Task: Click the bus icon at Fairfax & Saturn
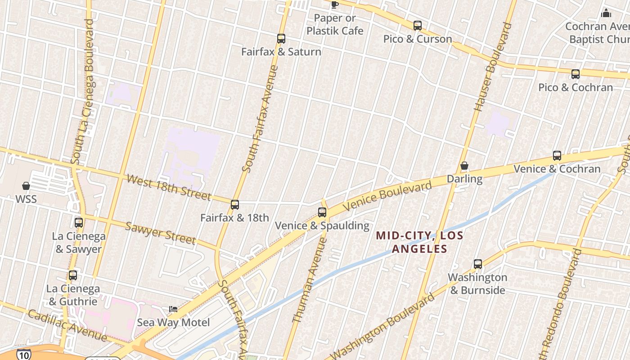tap(281, 39)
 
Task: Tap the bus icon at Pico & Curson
tap(418, 26)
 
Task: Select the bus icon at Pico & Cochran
tap(576, 74)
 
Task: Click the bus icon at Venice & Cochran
tap(557, 156)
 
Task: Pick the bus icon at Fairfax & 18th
tap(235, 205)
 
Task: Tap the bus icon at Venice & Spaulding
tap(322, 212)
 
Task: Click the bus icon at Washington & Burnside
tap(478, 264)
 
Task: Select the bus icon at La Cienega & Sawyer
tap(79, 222)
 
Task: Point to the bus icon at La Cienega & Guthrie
tap(73, 275)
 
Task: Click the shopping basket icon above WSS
tap(26, 186)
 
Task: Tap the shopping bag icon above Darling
tap(464, 166)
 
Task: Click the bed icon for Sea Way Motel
tap(173, 309)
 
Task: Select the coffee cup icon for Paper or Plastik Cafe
tap(334, 5)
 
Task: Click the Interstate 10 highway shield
tap(23, 354)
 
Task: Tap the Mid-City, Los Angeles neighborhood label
tap(419, 242)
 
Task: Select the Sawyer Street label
tap(160, 233)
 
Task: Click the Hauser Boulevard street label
tap(493, 67)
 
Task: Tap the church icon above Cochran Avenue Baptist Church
tap(606, 13)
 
